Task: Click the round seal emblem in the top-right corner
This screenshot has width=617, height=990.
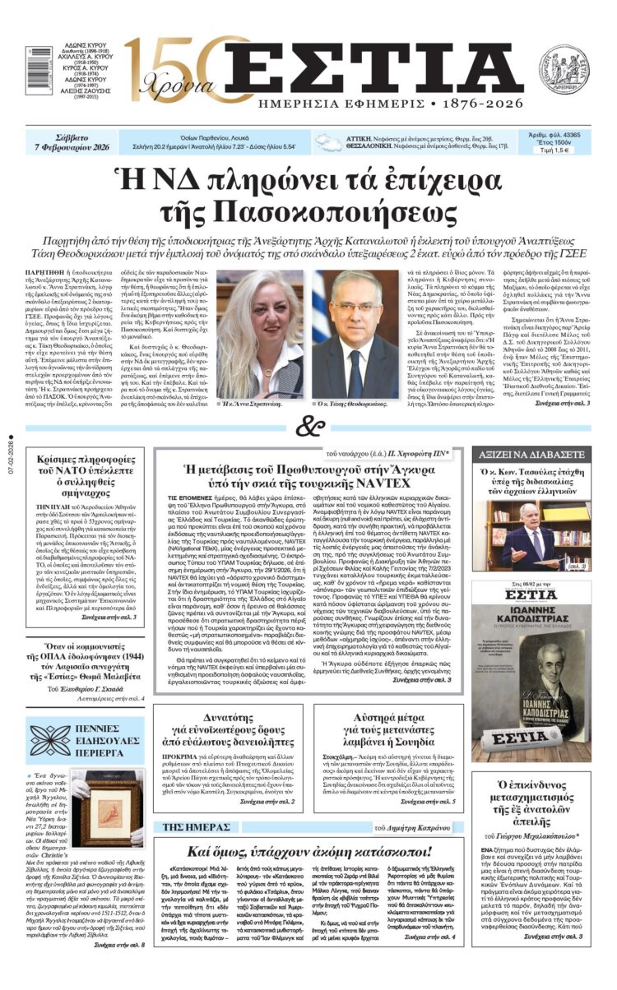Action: (x=564, y=69)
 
